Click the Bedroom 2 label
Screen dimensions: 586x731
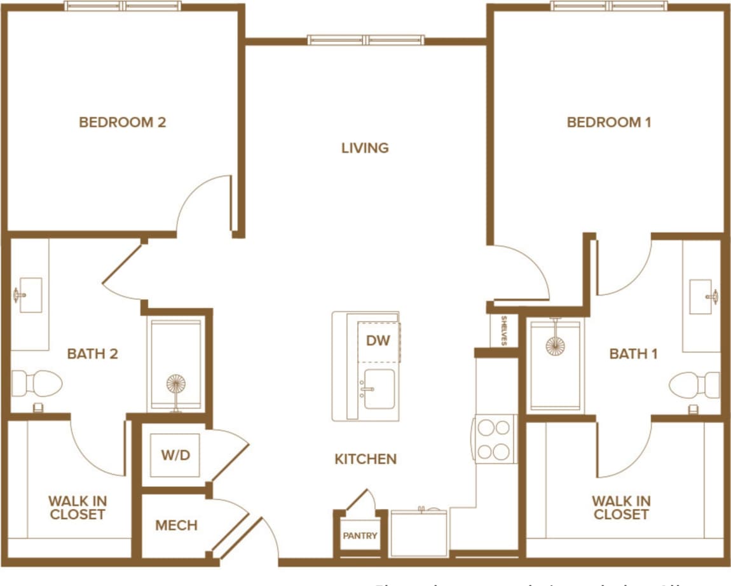[x=122, y=122]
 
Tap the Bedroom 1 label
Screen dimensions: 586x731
[x=608, y=122]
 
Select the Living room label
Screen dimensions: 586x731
[x=365, y=148]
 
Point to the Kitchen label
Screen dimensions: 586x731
[x=365, y=459]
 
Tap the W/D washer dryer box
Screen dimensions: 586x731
[x=175, y=455]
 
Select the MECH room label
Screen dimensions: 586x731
[x=176, y=526]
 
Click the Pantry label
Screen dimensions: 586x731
[x=360, y=536]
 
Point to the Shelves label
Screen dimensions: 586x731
[x=503, y=330]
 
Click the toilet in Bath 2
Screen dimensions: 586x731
[x=38, y=383]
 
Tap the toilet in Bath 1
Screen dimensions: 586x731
[x=693, y=385]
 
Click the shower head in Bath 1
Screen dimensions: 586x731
[x=555, y=345]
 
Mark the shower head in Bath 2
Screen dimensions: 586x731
[x=175, y=385]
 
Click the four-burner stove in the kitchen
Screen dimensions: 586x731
[x=495, y=438]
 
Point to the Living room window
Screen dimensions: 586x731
[x=365, y=39]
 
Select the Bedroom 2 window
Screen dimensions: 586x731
[x=123, y=6]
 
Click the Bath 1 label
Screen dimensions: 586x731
[x=633, y=354]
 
